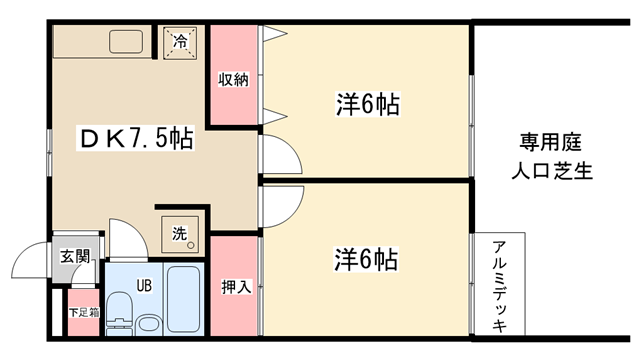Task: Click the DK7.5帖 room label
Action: coord(136,139)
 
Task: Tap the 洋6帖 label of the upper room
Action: coord(367,104)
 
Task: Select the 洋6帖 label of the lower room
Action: coord(366,259)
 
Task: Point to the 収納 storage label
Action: coord(233,80)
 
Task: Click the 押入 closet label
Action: coord(236,287)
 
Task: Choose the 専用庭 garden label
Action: coord(550,142)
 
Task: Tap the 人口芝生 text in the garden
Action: coord(552,171)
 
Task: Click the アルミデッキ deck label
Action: coord(500,286)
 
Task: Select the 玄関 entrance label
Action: coord(75,256)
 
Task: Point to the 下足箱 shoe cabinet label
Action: coord(84,313)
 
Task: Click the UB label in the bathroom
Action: coord(144,286)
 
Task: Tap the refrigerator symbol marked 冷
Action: coord(180,43)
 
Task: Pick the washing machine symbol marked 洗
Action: coord(180,234)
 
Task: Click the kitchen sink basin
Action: coord(126,42)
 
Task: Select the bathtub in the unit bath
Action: coord(183,299)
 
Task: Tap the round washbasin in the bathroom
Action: coord(149,325)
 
